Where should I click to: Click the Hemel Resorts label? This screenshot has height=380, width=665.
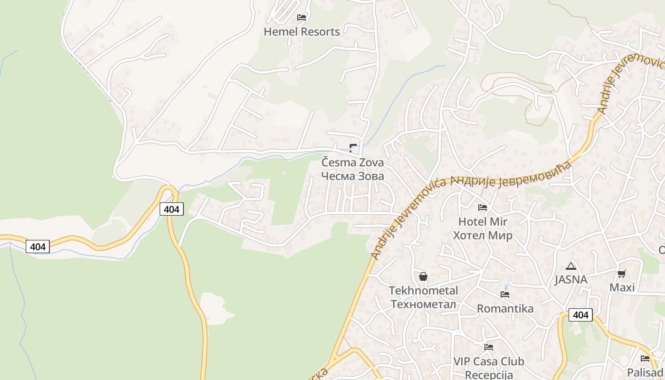302,32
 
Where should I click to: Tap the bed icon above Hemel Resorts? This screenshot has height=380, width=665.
302,18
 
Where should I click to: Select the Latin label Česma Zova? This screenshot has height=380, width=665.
352,162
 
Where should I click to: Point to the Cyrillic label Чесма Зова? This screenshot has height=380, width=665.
352,176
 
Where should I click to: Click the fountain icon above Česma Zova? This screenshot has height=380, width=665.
353,147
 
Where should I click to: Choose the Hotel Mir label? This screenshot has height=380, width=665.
483,222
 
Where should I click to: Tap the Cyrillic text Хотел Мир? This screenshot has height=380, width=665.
483,236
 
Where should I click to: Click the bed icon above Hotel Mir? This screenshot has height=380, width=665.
483,207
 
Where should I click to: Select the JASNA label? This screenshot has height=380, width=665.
571,280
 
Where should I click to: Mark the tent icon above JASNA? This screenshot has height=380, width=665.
571,266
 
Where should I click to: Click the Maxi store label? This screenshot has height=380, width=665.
622,288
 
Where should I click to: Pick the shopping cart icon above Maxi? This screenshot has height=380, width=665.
622,274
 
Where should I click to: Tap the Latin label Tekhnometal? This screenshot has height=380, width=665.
423,291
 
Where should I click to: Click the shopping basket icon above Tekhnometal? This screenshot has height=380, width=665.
423,276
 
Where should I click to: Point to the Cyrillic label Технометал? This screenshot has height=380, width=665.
423,304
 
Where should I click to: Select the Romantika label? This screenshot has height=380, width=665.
505,309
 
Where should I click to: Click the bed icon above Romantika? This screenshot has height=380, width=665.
505,294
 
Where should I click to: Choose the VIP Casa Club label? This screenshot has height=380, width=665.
489,361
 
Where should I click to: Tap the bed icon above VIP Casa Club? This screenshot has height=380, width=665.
489,347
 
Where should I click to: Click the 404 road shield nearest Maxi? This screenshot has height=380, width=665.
580,315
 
